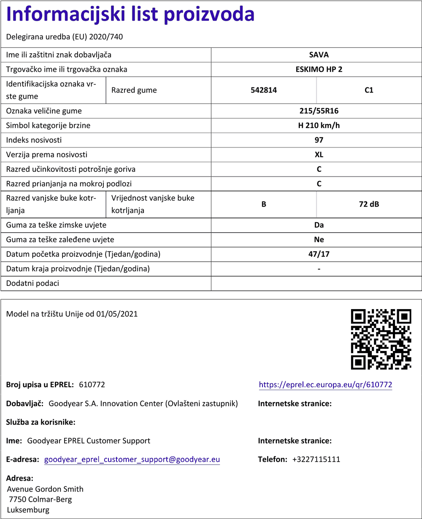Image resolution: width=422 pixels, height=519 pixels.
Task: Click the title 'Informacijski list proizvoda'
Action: tap(130, 15)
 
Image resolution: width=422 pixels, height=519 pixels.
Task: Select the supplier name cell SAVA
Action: tap(319, 55)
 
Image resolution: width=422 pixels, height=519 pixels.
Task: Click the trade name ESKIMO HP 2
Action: tap(319, 69)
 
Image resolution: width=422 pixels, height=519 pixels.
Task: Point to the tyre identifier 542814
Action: tap(263, 90)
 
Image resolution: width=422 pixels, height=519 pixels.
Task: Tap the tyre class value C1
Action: tap(369, 90)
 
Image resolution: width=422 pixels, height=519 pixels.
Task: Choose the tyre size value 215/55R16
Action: tap(319, 111)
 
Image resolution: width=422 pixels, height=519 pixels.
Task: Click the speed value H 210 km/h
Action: tap(319, 125)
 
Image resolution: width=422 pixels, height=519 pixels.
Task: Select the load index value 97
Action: tap(319, 140)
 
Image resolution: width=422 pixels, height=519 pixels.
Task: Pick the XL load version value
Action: tap(319, 155)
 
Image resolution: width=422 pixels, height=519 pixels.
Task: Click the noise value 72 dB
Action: tap(369, 204)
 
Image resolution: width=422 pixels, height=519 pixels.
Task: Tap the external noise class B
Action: tap(263, 204)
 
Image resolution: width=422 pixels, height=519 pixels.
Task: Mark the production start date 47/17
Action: tap(319, 254)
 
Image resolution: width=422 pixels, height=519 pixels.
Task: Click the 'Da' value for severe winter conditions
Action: tap(319, 225)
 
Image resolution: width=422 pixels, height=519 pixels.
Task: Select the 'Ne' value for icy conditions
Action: tap(319, 239)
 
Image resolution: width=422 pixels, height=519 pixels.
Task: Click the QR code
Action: tap(381, 339)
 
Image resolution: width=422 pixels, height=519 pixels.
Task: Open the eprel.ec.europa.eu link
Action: tap(325, 385)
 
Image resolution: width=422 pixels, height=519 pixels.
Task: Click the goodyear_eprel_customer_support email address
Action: tap(132, 459)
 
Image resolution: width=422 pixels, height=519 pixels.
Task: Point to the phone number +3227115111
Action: tap(316, 459)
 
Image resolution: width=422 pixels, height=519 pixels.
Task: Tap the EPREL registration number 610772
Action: tap(92, 385)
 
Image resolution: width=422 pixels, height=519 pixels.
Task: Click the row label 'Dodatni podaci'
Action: tap(32, 283)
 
